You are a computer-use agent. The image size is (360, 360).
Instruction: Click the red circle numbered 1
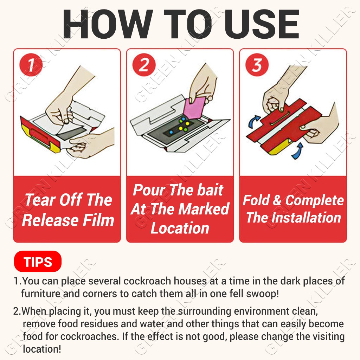click(31, 65)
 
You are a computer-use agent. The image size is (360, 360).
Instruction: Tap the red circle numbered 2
click(144, 65)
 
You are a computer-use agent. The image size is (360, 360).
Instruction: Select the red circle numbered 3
click(257, 65)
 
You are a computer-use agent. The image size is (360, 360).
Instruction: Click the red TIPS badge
click(38, 262)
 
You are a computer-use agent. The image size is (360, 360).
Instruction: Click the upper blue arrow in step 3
click(254, 122)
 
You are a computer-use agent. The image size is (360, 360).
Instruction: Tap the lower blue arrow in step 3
click(297, 151)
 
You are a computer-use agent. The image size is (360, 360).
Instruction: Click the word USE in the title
click(262, 24)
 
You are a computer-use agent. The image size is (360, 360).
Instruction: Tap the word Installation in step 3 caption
click(307, 218)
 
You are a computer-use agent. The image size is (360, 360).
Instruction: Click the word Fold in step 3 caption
click(256, 200)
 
